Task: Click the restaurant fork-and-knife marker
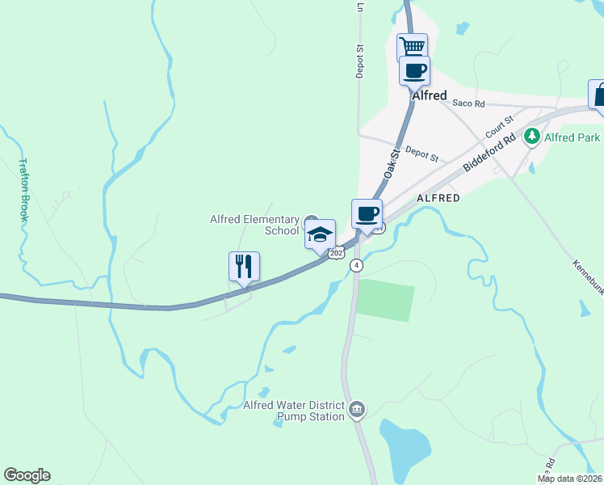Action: (x=244, y=266)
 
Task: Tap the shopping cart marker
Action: (x=412, y=47)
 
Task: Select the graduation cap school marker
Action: (x=320, y=234)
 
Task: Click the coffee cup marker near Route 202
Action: (x=367, y=214)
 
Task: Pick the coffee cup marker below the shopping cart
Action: (x=415, y=70)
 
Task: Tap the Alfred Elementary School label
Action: (x=254, y=225)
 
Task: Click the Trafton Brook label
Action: (x=23, y=190)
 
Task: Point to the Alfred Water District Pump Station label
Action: (x=294, y=411)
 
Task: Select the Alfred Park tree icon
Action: (x=531, y=137)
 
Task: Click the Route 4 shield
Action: (x=356, y=265)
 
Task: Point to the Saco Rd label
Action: (x=468, y=103)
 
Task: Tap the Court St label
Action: (x=499, y=126)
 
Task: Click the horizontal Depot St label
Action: (x=421, y=154)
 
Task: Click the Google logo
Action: (x=27, y=475)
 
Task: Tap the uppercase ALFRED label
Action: (x=438, y=198)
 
